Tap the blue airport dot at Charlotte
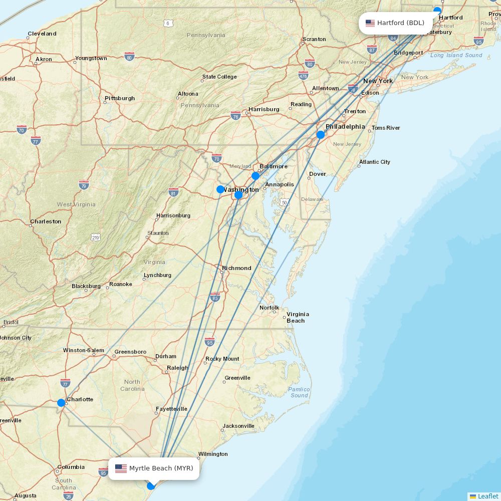[x=61, y=402]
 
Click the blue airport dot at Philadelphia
[x=321, y=134]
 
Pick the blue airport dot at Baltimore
[x=256, y=176]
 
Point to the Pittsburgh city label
[x=120, y=98]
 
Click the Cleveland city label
[x=42, y=34]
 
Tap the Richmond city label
[x=236, y=268]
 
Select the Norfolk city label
[x=269, y=308]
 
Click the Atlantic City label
[x=374, y=162]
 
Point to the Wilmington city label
[x=213, y=454]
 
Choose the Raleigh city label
[x=177, y=368]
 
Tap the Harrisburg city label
[x=264, y=109]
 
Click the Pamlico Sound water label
[x=299, y=392]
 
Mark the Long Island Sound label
[x=456, y=55]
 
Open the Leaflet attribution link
[x=487, y=496]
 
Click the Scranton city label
[x=314, y=39]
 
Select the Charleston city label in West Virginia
[x=46, y=221]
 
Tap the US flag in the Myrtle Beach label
[x=121, y=468]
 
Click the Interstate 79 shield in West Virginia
[x=84, y=184]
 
